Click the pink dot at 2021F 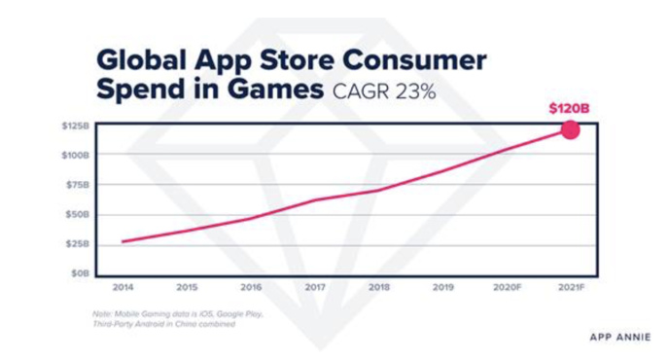point(570,129)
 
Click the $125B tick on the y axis point(75,126)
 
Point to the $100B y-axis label point(75,155)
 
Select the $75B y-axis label point(77,184)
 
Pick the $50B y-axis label point(77,213)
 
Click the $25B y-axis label point(77,243)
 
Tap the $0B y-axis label point(80,272)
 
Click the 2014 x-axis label point(123,288)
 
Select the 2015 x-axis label point(187,288)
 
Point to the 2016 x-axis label point(251,288)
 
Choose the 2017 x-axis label point(314,288)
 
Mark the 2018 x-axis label point(378,288)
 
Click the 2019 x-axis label point(441,288)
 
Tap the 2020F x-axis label point(506,288)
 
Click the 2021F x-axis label point(570,288)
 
